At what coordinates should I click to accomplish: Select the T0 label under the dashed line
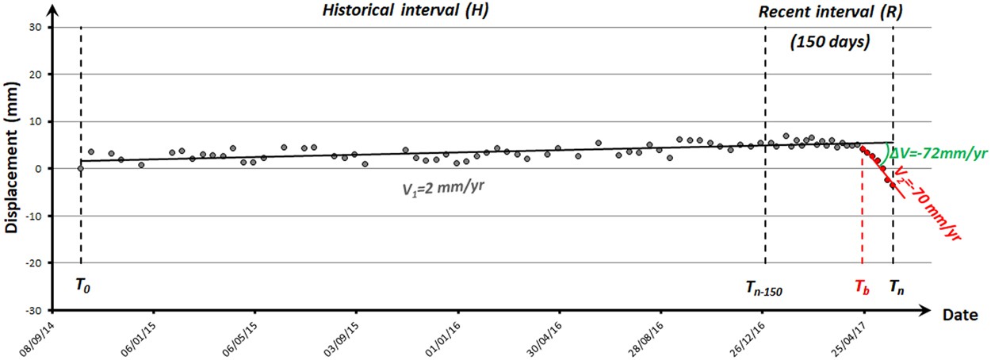[x=82, y=285]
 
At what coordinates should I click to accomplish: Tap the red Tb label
[x=862, y=286]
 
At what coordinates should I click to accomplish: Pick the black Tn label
[x=897, y=286]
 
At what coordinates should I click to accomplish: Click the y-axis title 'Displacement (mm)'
[x=12, y=169]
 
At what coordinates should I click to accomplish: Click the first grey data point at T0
[x=81, y=168]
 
